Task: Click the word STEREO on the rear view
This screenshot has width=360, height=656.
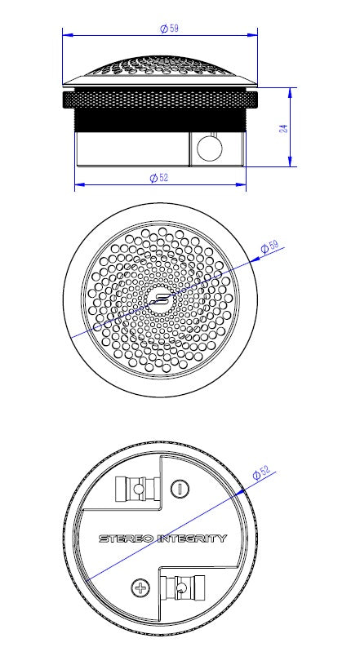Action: click(x=125, y=539)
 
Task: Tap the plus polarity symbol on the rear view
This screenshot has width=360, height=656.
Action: click(x=140, y=588)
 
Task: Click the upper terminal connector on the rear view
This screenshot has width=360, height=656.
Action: click(x=133, y=489)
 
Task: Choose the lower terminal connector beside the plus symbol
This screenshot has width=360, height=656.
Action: click(x=181, y=588)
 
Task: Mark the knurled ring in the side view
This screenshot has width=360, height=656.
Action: click(x=160, y=100)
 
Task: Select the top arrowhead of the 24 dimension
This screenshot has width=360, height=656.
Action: click(x=291, y=92)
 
